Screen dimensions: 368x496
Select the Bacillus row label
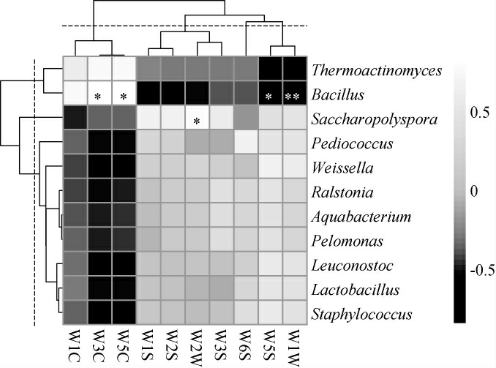(x=337, y=95)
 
